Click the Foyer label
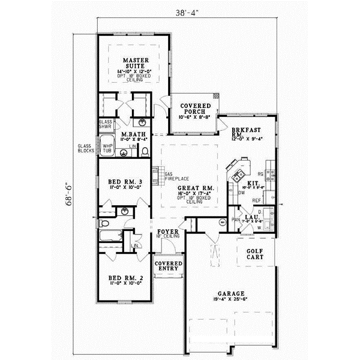click(x=165, y=232)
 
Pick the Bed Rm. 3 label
click(x=125, y=182)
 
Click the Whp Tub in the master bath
click(x=107, y=148)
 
